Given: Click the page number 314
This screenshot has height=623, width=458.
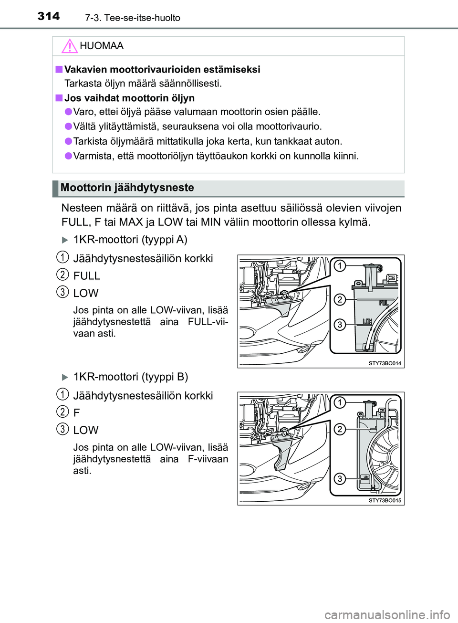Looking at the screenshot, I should (49, 16).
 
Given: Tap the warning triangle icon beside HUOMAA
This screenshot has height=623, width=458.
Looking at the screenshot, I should (69, 46).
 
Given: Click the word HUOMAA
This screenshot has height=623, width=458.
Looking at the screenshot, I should (102, 46).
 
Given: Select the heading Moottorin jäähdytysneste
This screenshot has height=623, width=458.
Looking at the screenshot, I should (127, 188).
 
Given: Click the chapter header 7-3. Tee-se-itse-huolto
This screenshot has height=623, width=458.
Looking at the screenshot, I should (133, 18).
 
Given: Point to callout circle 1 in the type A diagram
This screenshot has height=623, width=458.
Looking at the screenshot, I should (339, 265).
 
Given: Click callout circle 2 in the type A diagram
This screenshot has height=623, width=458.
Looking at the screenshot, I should (339, 299).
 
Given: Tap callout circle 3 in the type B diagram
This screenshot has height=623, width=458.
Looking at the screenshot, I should (339, 478).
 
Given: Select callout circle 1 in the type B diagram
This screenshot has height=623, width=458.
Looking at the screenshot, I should (339, 402).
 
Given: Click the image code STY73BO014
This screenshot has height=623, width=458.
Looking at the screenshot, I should (385, 363).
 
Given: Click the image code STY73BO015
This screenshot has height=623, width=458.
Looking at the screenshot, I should (385, 501).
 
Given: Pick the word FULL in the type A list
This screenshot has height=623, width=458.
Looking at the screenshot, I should (86, 276).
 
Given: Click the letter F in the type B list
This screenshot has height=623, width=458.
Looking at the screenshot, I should (76, 413).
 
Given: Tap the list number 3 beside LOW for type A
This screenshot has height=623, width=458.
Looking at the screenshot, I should (62, 291).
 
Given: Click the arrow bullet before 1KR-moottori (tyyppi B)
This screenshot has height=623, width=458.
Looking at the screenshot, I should (65, 377).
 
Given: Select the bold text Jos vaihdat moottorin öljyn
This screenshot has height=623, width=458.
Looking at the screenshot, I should (129, 98).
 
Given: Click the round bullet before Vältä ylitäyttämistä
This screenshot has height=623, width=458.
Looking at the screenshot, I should (69, 126).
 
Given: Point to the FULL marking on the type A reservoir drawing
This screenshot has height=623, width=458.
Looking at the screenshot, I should (384, 303).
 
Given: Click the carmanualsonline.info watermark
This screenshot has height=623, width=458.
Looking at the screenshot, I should (387, 614).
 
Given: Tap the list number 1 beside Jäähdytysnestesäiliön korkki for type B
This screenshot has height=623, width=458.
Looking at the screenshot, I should (62, 394).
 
